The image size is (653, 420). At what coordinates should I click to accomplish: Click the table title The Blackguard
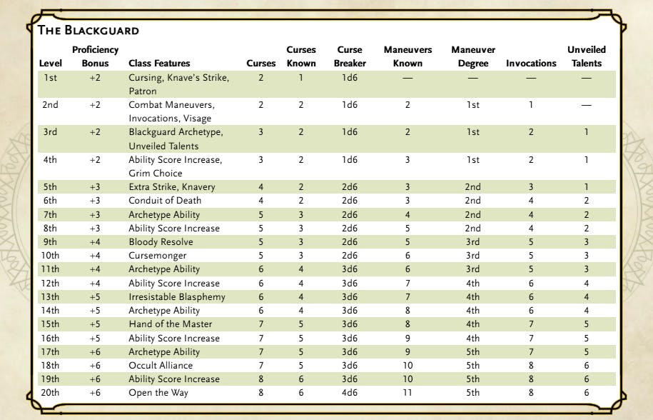[x=88, y=30]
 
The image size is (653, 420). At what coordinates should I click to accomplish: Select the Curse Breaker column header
[x=350, y=56]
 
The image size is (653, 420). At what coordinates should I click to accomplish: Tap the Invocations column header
[x=531, y=63]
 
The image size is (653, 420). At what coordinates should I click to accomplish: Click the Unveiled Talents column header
[x=586, y=56]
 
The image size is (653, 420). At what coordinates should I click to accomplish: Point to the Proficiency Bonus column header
[x=95, y=56]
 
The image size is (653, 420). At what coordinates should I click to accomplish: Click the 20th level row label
[x=51, y=393]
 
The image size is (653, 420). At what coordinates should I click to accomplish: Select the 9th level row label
[x=51, y=242]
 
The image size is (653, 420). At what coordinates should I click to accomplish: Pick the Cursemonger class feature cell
[x=158, y=256]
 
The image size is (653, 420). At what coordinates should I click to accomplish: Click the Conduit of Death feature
[x=164, y=201]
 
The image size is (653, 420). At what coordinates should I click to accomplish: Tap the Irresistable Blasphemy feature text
[x=177, y=297]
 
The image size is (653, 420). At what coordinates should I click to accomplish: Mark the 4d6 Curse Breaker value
[x=350, y=393]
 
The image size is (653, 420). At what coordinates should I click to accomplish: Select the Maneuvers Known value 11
[x=408, y=393]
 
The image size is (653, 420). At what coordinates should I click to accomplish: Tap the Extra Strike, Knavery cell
[x=172, y=187]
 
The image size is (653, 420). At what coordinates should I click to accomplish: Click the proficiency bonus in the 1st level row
[x=96, y=78]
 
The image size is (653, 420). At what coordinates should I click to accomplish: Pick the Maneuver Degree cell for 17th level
[x=473, y=352]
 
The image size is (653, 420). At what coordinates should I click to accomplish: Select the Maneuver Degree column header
[x=473, y=56]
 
